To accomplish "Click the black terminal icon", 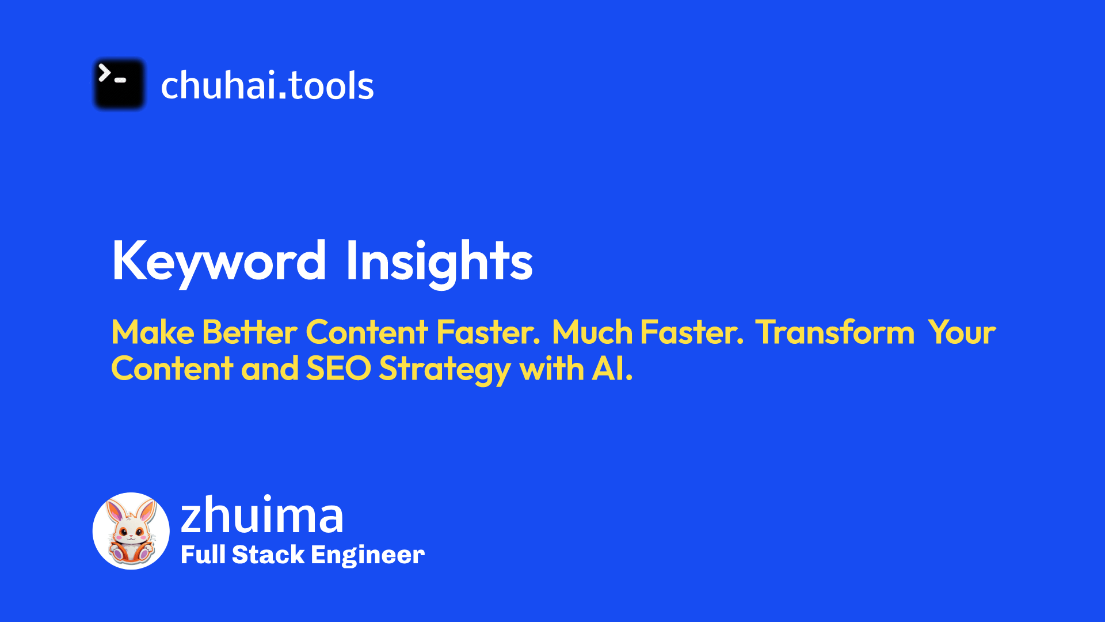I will (x=119, y=84).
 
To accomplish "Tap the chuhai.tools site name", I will (x=267, y=85).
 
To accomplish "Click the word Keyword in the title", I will (x=219, y=261).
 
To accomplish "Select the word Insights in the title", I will (x=439, y=261).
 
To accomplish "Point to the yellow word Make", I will (x=153, y=332).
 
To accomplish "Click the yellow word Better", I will (x=250, y=332).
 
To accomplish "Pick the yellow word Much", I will (x=592, y=332).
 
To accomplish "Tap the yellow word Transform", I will (x=835, y=332).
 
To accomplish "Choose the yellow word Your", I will (x=962, y=332).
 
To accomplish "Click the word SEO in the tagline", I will (x=338, y=369).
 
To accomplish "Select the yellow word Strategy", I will (x=445, y=370).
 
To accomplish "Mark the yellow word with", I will (x=551, y=369).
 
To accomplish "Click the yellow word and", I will (x=269, y=369).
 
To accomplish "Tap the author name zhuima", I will (x=262, y=515).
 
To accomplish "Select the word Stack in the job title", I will (x=268, y=555).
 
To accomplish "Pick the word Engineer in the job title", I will (x=367, y=555).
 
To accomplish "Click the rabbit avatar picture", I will (x=131, y=531).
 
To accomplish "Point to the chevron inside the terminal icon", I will (x=104, y=73).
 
